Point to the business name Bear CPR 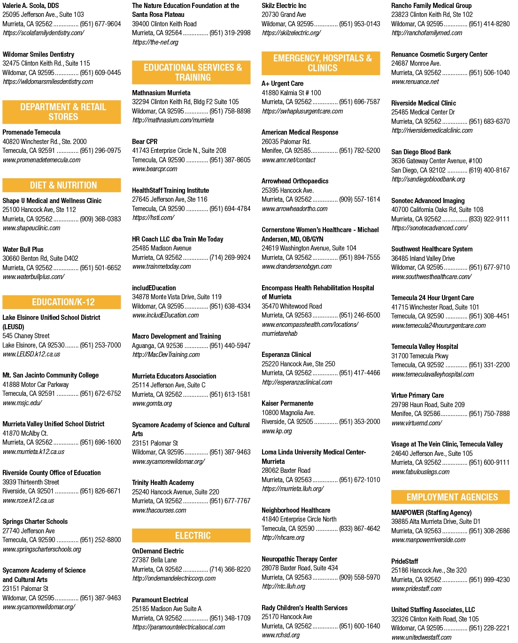point(145,141)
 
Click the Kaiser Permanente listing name point(287,403)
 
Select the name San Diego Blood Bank point(421,152)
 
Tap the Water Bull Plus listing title point(23,250)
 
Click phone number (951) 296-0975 point(100,150)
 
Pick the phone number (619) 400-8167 point(489,170)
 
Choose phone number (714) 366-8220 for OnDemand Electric point(230,569)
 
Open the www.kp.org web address point(277,431)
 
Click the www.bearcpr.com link point(155,169)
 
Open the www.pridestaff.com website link point(416,589)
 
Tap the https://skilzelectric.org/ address point(292,33)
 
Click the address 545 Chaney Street point(26,336)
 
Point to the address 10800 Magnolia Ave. point(288,413)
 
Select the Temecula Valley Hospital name point(425,347)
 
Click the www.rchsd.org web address point(280,635)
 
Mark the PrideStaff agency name point(404,561)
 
